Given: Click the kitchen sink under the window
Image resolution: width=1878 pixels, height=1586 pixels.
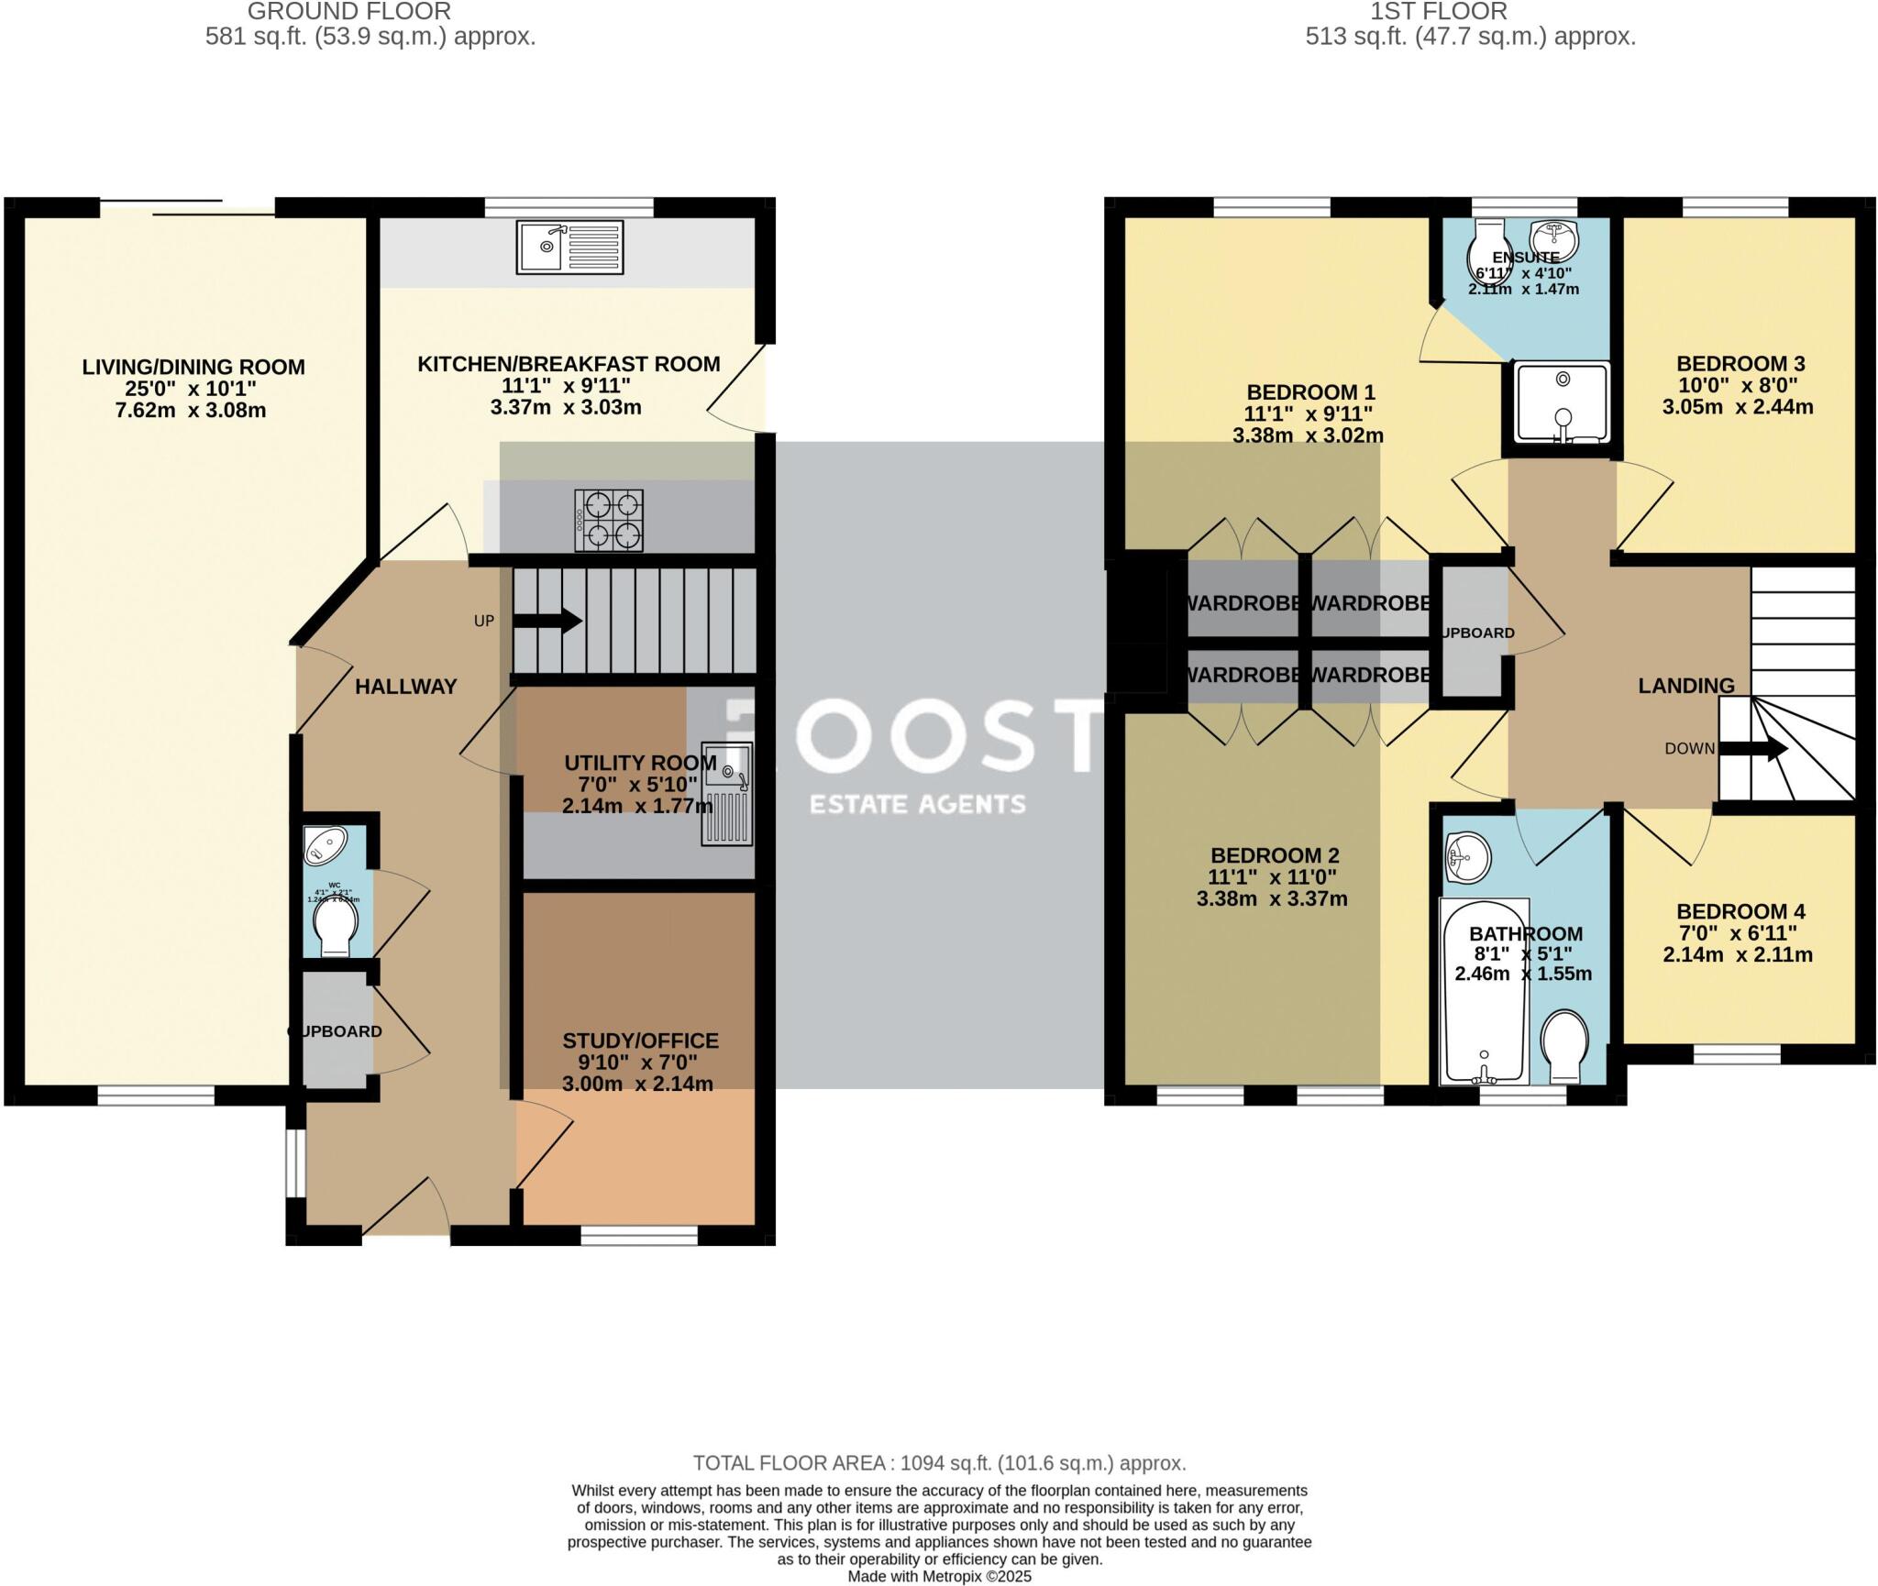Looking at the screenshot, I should [569, 247].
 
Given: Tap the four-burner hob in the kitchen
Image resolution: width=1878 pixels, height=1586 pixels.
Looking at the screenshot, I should [609, 520].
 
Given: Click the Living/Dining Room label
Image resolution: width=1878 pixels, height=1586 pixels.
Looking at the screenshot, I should [193, 367].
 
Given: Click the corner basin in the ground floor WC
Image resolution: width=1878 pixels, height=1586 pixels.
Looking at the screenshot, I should [325, 844].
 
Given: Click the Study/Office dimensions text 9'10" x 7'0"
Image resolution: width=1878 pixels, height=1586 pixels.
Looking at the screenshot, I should [638, 1063].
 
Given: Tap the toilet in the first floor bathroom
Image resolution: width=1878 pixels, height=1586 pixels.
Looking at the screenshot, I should [1564, 1046].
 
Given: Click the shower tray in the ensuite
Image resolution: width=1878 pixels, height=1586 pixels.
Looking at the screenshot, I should [1563, 402].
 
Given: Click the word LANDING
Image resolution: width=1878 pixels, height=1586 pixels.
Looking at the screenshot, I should [1686, 685].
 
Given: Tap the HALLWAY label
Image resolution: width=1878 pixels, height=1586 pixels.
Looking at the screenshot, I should [405, 687].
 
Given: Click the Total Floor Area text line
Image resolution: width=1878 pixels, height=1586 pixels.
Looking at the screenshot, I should [939, 1462].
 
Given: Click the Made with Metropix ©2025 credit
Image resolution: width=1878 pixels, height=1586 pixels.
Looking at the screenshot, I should [939, 1577].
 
